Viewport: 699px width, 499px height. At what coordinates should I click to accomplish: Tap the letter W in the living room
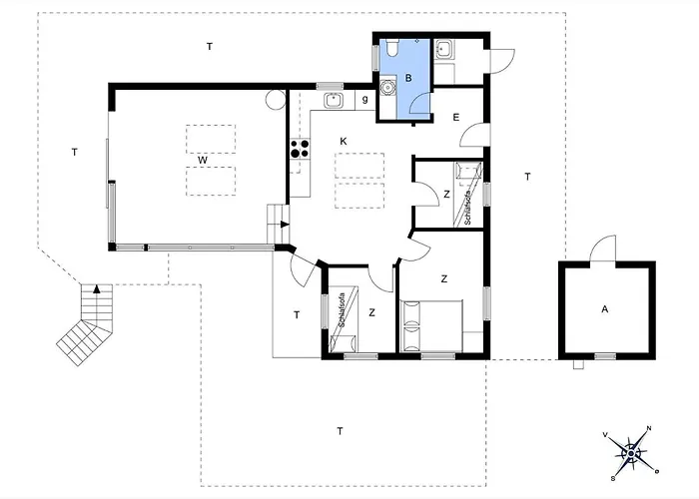[x=202, y=160]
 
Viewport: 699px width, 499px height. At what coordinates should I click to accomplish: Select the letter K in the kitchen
[x=343, y=141]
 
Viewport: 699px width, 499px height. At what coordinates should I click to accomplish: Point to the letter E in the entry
[x=455, y=118]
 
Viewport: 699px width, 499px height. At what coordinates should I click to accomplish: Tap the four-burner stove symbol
[x=298, y=150]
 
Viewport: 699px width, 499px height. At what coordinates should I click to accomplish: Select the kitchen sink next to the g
[x=333, y=99]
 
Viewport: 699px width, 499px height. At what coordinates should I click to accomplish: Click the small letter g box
[x=365, y=99]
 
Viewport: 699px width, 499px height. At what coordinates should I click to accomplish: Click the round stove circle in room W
[x=275, y=99]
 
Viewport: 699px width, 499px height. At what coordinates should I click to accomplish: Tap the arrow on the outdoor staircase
[x=96, y=289]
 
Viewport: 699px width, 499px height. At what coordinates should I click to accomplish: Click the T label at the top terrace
[x=209, y=47]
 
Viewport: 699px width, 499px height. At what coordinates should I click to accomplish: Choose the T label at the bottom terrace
[x=340, y=431]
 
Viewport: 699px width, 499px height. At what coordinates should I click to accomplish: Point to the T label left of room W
[x=75, y=153]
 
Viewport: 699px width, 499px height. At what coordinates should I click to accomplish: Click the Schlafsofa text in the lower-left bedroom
[x=342, y=307]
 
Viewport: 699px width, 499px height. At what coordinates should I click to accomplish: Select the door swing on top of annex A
[x=601, y=249]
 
